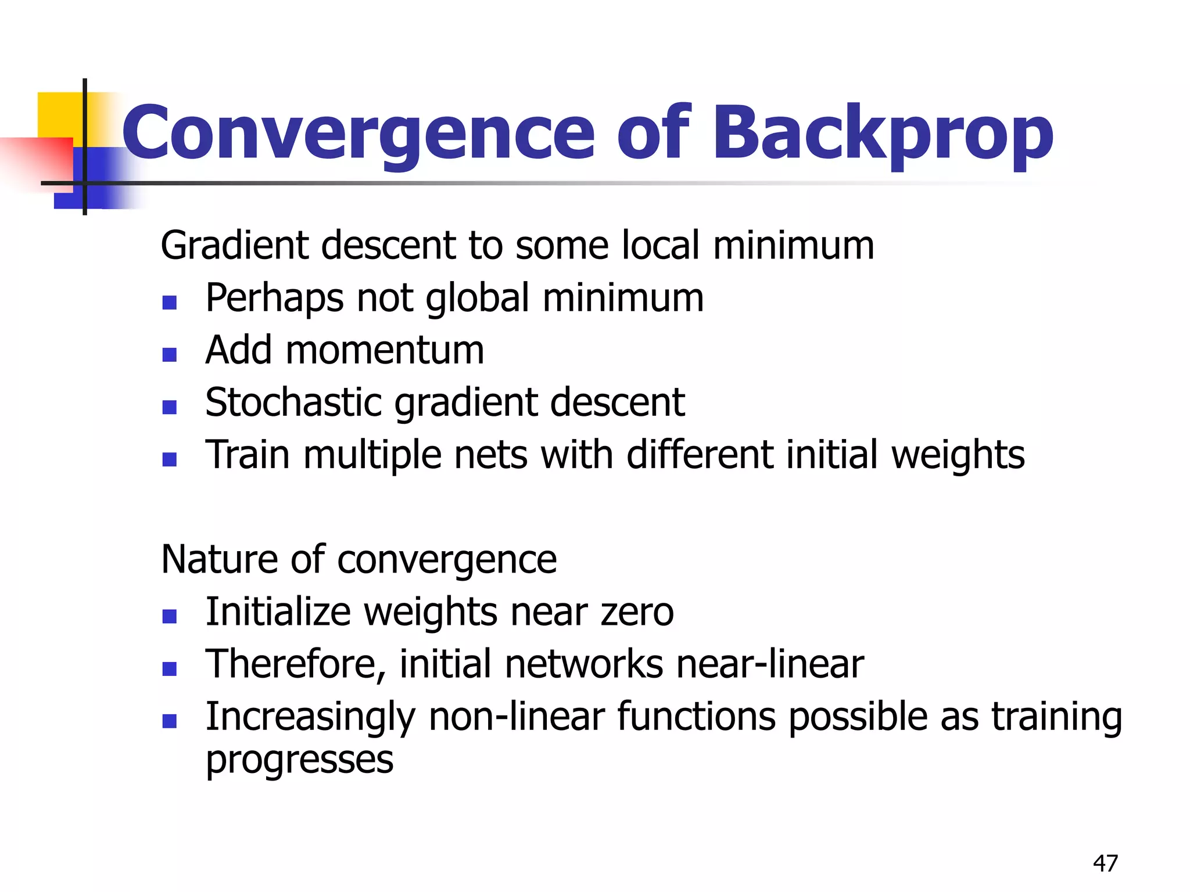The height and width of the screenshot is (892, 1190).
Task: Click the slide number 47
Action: tap(1105, 864)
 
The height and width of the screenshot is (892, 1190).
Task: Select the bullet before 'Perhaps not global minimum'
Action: tap(170, 303)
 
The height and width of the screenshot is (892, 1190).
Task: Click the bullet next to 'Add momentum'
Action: tap(170, 355)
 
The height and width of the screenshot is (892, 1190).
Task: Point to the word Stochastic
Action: tap(293, 402)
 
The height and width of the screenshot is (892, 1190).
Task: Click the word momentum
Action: tap(385, 350)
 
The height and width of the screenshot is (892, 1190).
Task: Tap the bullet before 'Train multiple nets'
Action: tap(170, 460)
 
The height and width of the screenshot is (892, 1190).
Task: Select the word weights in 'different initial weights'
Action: tap(958, 455)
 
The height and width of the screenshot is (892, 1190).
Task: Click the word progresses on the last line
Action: tap(300, 759)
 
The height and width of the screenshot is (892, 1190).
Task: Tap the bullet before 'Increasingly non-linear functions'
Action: tap(170, 721)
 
